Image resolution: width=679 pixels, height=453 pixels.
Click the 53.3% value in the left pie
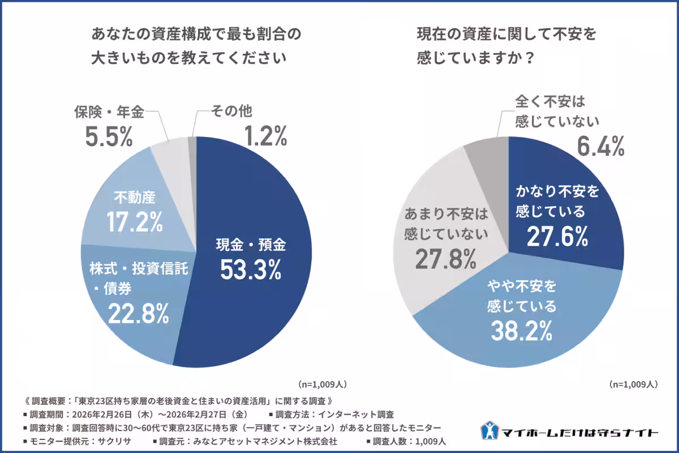point(251,270)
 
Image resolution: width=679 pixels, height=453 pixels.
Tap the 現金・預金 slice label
point(251,245)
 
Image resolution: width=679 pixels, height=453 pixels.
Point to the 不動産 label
point(135,198)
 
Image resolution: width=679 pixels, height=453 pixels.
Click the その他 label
point(231,111)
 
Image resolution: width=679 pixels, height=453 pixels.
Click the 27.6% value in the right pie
point(557,237)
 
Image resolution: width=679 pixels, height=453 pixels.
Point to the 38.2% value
point(521,331)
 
